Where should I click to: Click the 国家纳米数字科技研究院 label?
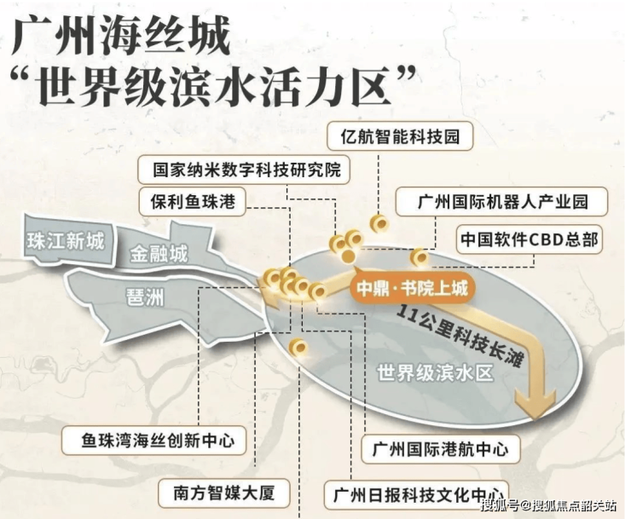coord(245,170)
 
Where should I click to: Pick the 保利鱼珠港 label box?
coord(192,201)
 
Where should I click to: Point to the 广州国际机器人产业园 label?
coord(503,203)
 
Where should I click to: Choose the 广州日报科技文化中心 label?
coord(416,493)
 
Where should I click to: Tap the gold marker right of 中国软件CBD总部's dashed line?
coord(420,257)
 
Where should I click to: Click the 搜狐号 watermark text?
coord(501,507)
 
